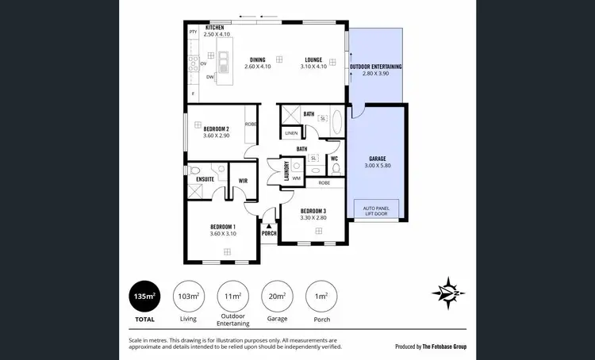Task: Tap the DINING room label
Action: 257,59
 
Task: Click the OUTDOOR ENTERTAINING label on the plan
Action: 376,67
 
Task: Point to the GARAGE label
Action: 377,159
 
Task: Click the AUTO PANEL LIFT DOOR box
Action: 376,210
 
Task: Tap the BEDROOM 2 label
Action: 216,129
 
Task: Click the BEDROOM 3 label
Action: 313,211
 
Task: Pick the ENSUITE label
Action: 205,180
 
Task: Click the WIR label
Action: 244,181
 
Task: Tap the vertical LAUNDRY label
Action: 286,172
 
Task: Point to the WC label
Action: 334,159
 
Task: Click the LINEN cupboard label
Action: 291,133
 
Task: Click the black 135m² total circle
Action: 144,297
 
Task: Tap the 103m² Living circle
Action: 188,297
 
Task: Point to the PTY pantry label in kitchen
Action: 193,32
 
